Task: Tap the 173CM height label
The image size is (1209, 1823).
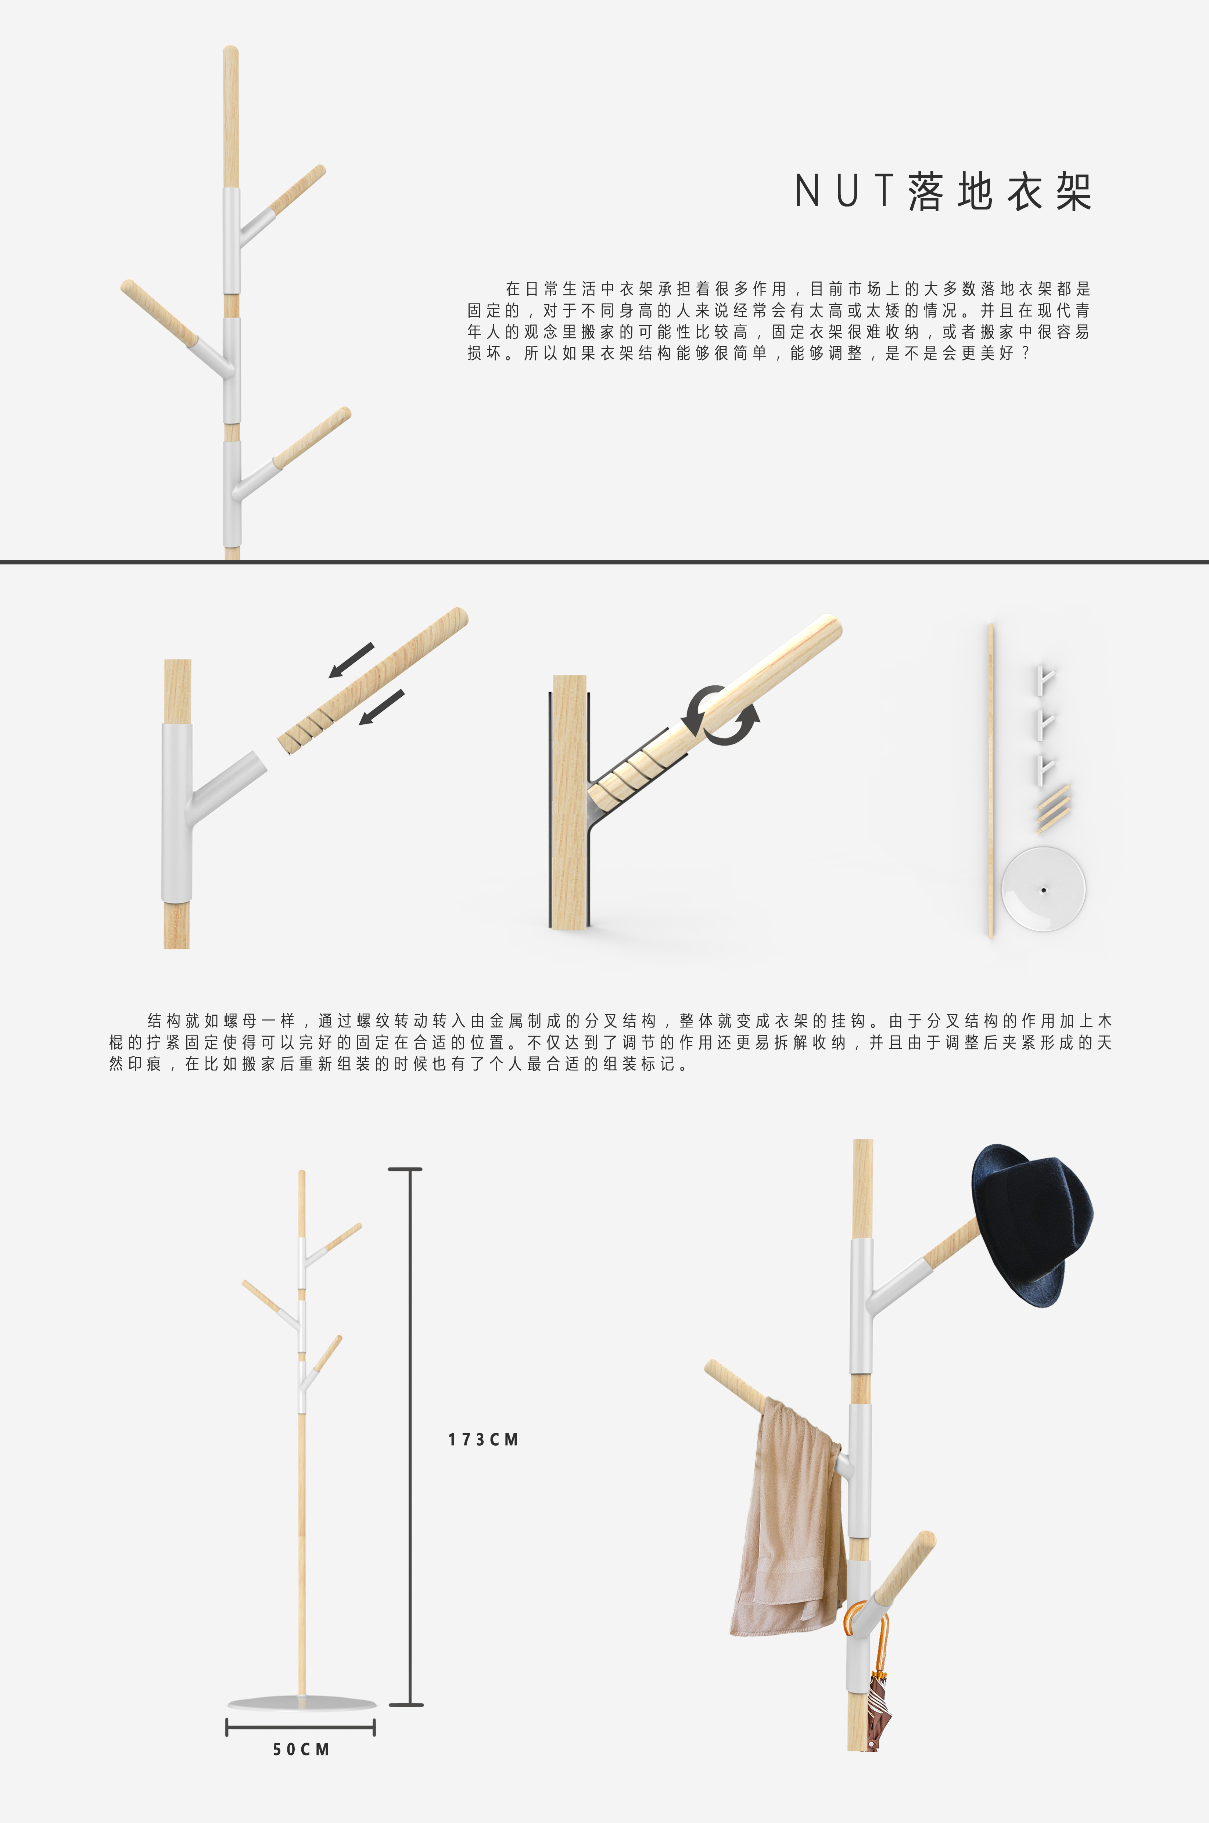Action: point(484,1439)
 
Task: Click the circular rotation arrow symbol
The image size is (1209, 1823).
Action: point(722,715)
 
